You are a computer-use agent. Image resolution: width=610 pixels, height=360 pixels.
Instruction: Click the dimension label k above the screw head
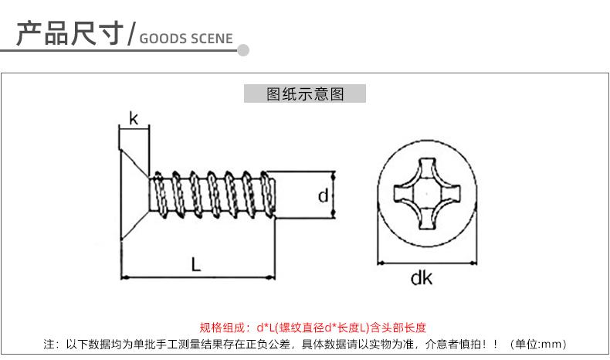[x=134, y=118]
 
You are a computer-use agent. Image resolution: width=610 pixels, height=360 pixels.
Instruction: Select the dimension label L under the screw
[x=196, y=263]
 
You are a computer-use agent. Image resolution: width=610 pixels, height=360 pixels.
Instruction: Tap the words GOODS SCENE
[x=186, y=39]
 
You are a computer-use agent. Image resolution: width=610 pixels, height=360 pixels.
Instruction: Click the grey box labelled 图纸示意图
[x=304, y=93]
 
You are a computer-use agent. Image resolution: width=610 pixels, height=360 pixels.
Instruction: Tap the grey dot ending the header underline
[x=243, y=51]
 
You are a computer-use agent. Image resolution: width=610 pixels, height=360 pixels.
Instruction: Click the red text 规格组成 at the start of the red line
[x=220, y=327]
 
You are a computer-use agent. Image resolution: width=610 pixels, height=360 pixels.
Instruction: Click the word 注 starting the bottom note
[x=49, y=344]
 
